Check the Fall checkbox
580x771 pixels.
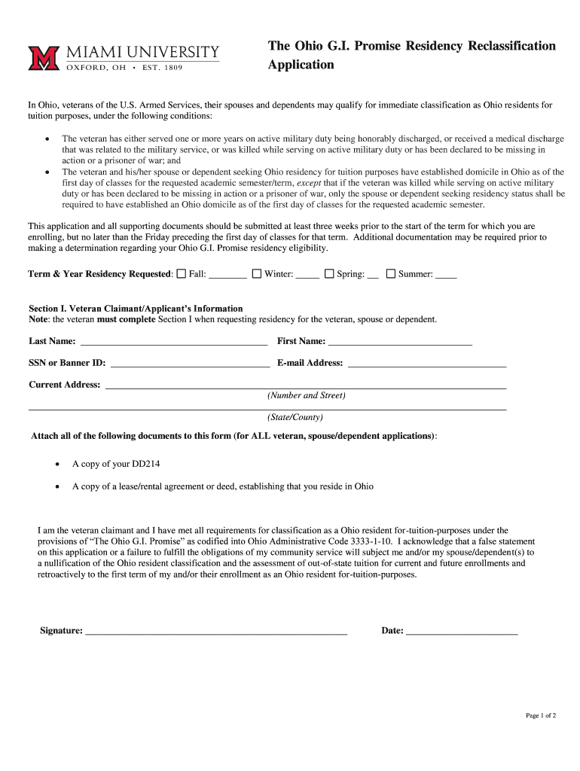(x=181, y=274)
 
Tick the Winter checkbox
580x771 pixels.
(x=256, y=274)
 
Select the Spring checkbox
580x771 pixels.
(x=329, y=274)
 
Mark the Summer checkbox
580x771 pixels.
(x=391, y=274)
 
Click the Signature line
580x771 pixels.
(x=216, y=632)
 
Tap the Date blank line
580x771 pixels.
(x=462, y=632)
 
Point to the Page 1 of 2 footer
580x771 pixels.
(x=540, y=715)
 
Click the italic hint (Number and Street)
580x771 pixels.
(x=306, y=395)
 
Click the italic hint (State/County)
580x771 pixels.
(x=295, y=417)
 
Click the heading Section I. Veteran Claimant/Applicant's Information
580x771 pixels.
(x=136, y=309)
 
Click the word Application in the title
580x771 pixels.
(x=301, y=65)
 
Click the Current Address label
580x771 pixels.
(x=64, y=385)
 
